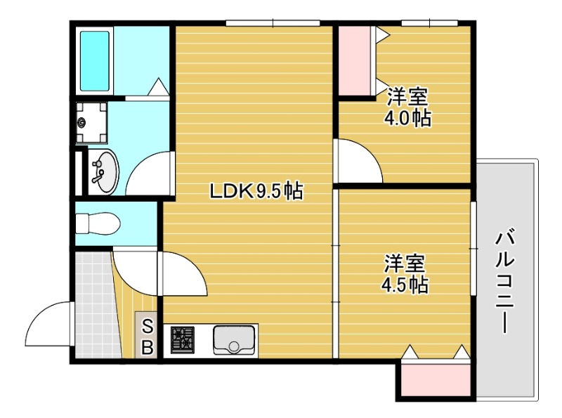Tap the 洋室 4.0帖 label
(x=407, y=107)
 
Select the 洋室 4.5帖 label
(x=405, y=275)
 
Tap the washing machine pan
(x=91, y=123)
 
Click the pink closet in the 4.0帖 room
(x=356, y=61)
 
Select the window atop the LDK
(x=273, y=24)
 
